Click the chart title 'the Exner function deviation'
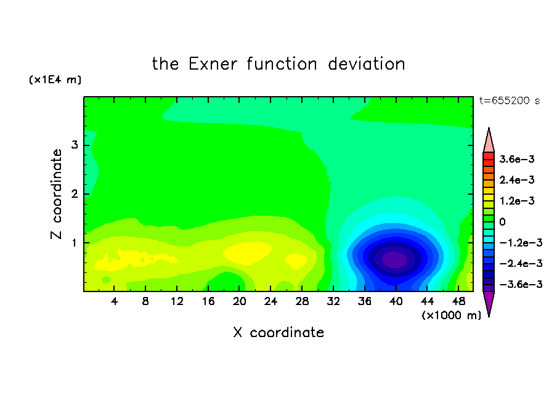pyautogui.click(x=278, y=64)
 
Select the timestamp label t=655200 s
pyautogui.click(x=510, y=100)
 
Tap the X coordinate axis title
pyautogui.click(x=278, y=332)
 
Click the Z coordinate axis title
pyautogui.click(x=56, y=194)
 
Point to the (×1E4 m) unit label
pyautogui.click(x=55, y=79)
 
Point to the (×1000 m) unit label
pyautogui.click(x=451, y=315)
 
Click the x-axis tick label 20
pyautogui.click(x=240, y=301)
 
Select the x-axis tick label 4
pyautogui.click(x=114, y=301)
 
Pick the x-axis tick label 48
pyautogui.click(x=458, y=301)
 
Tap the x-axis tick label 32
pyautogui.click(x=333, y=301)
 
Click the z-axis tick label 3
pyautogui.click(x=75, y=145)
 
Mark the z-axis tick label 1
pyautogui.click(x=75, y=243)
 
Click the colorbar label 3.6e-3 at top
pyautogui.click(x=517, y=159)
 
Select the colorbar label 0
pyautogui.click(x=502, y=222)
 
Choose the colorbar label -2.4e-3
pyautogui.click(x=521, y=263)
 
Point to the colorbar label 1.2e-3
pyautogui.click(x=517, y=201)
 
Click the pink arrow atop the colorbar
pyautogui.click(x=489, y=140)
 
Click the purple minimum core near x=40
pyautogui.click(x=394, y=259)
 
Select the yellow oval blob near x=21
pyautogui.click(x=248, y=253)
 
